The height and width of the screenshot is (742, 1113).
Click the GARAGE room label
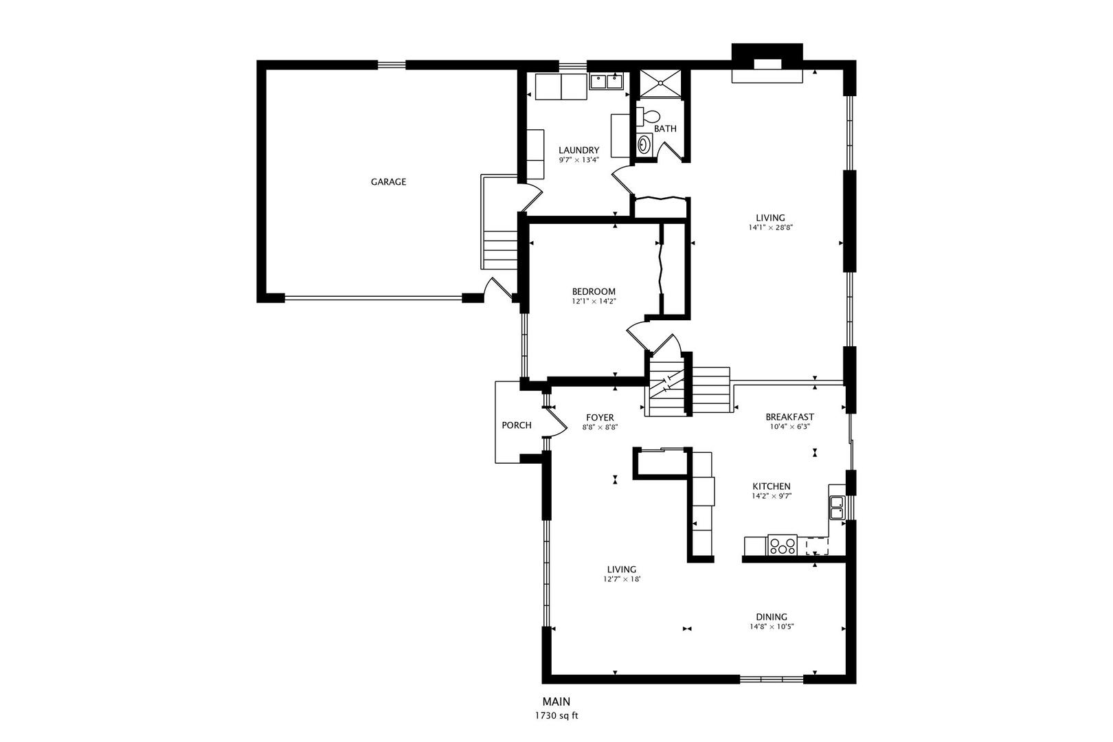(388, 182)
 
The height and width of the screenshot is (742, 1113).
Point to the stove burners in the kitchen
(783, 546)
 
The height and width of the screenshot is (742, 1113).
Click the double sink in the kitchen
(837, 506)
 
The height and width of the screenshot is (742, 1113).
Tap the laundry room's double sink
(606, 82)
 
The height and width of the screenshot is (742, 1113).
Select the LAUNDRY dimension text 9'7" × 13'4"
(578, 160)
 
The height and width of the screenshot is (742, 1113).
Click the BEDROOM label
(594, 291)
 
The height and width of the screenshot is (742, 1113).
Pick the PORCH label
(516, 425)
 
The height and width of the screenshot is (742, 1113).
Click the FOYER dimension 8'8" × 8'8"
(600, 427)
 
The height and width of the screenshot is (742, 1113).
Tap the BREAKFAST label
(789, 416)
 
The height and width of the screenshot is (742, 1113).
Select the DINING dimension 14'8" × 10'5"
(772, 627)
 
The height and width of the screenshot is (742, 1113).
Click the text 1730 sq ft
(556, 716)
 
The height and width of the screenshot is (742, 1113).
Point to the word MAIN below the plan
(556, 701)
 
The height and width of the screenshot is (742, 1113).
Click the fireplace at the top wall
(767, 64)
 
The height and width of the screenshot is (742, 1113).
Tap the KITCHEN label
(771, 486)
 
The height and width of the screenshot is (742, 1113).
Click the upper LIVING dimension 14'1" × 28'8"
(772, 227)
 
